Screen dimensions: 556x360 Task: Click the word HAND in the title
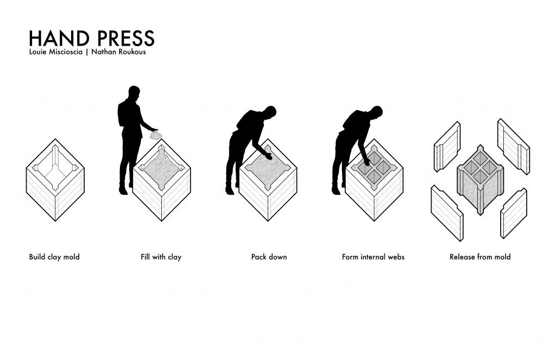59,38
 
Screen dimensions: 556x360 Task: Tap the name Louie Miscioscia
56,52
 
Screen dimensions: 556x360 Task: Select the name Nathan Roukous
118,52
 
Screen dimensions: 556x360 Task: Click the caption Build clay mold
54,257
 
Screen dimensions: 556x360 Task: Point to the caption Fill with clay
161,257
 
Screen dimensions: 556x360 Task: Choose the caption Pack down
269,257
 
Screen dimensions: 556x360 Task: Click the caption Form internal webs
373,257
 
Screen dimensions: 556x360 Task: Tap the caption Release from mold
480,257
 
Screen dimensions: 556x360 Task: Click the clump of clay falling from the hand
155,135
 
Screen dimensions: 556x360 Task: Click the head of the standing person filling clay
134,93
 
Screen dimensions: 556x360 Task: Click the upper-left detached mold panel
447,147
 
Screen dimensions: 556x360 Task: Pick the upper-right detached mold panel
514,146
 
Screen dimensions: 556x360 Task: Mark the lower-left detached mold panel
447,213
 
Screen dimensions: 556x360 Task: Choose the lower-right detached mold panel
514,213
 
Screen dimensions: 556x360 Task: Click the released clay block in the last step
481,180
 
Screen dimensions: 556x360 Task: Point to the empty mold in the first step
55,180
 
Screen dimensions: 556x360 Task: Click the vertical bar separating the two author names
87,52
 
